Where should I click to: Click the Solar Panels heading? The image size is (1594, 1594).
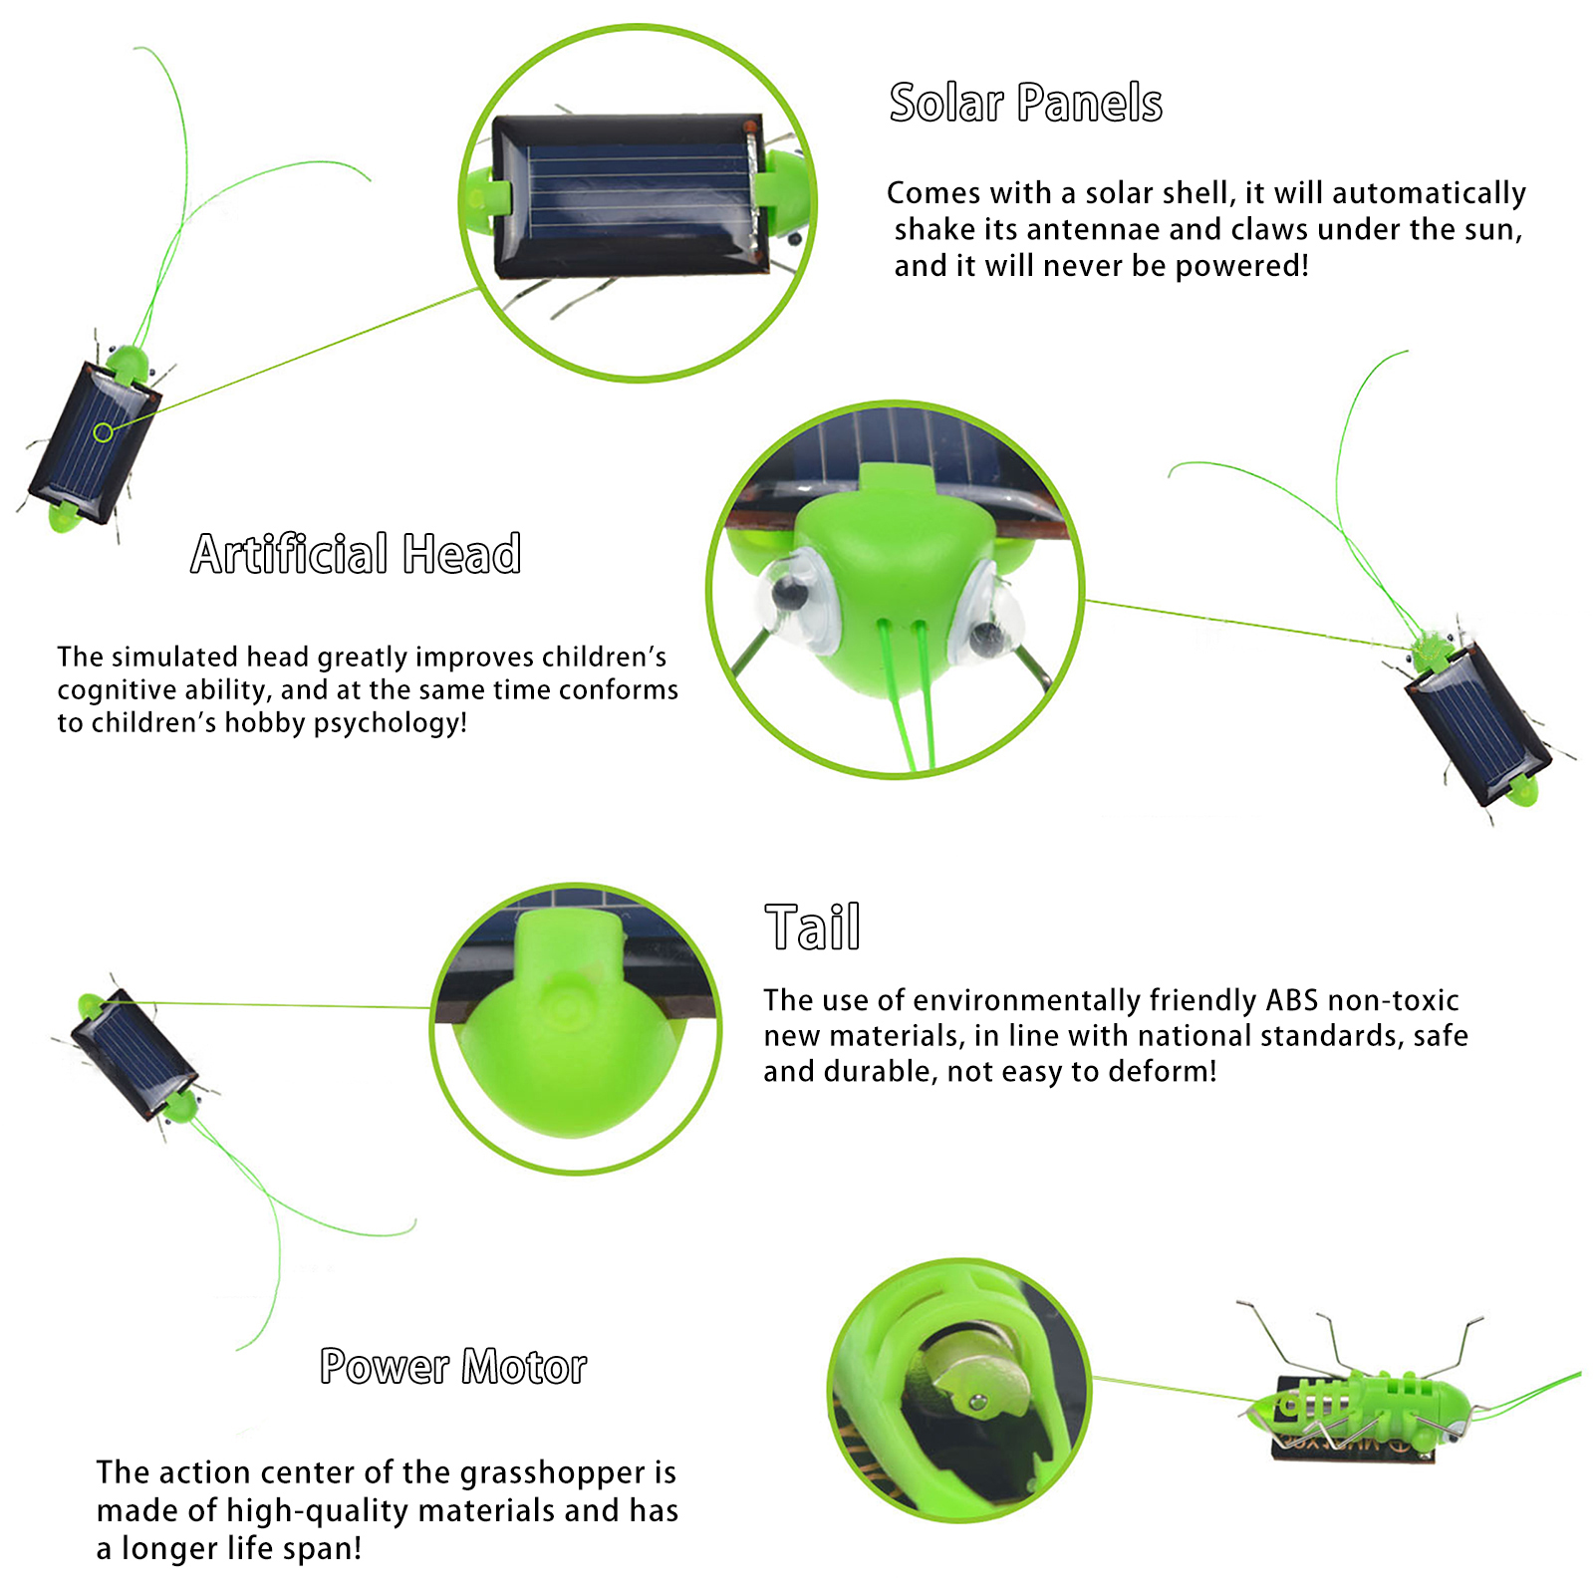point(1025,103)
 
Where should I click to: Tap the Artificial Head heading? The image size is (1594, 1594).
point(356,554)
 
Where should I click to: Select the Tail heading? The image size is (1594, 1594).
point(812,928)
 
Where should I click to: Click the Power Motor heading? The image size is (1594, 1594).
point(453,1367)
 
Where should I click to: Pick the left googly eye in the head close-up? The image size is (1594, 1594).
point(793,598)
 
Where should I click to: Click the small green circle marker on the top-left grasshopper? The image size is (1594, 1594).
point(103,432)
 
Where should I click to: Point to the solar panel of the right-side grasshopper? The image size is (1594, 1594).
point(1478,722)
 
